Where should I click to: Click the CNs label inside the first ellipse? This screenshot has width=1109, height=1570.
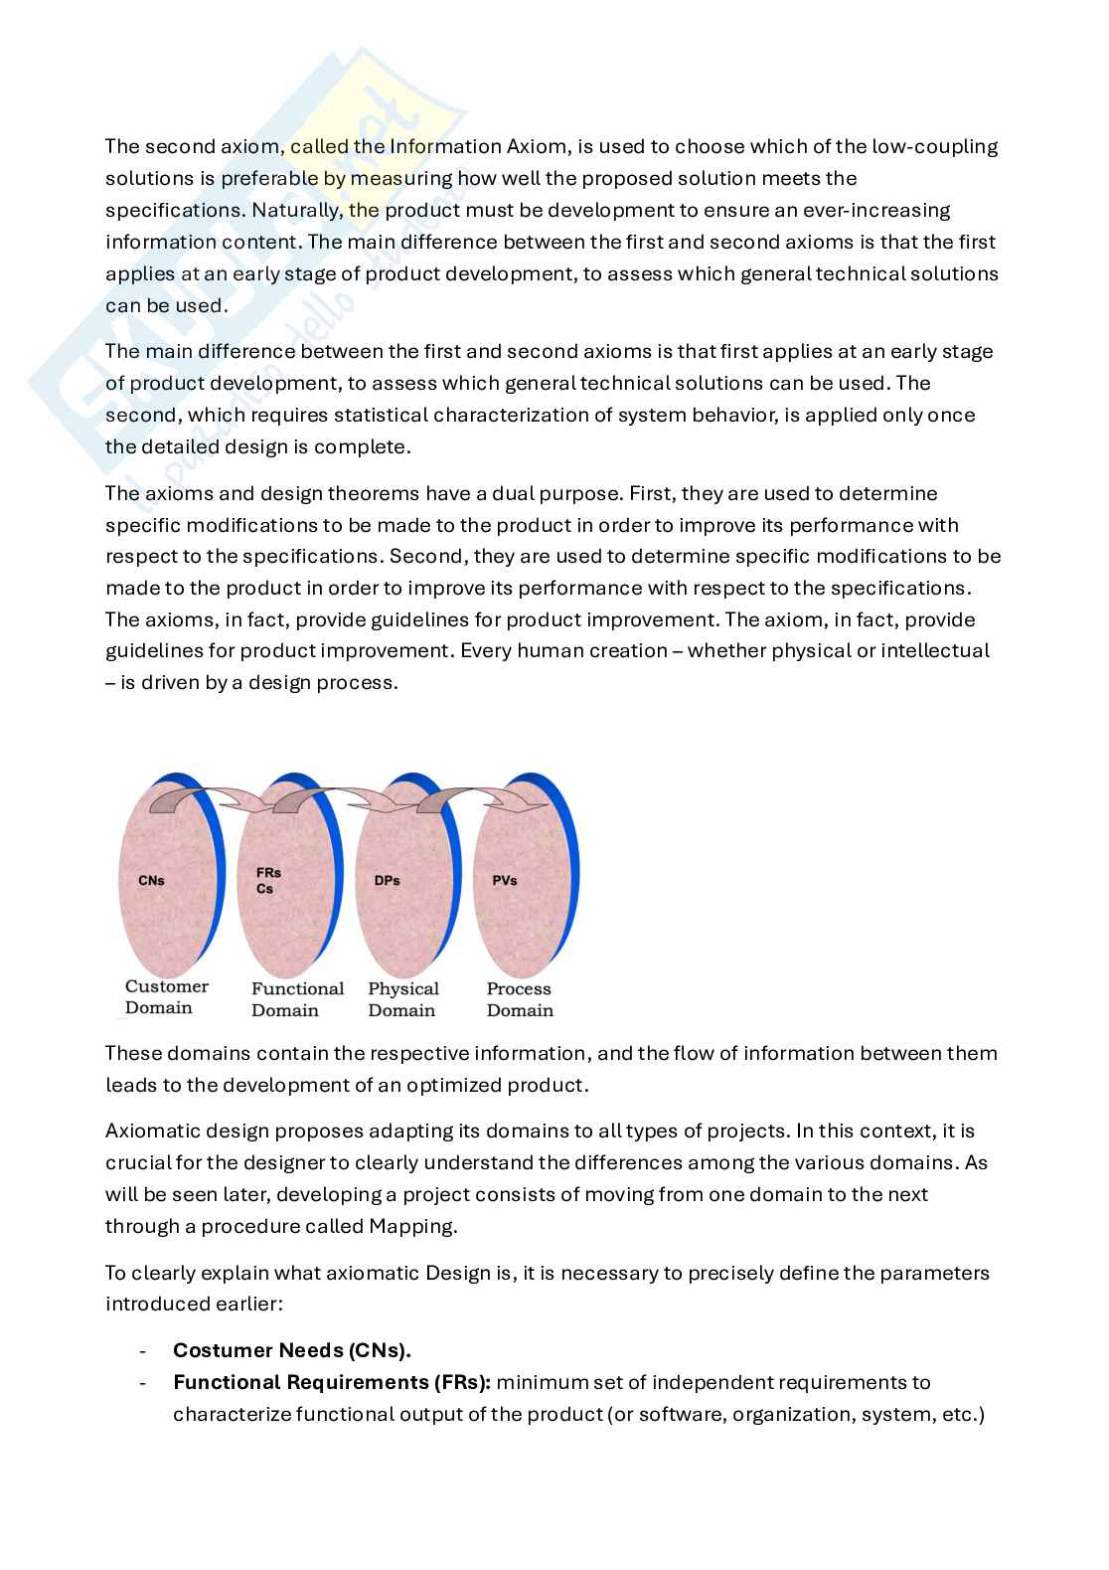click(x=151, y=880)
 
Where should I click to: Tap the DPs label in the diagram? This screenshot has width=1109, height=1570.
click(x=388, y=880)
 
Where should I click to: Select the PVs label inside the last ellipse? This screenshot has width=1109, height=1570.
click(x=505, y=880)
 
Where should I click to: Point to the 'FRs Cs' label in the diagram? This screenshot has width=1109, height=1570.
click(x=267, y=880)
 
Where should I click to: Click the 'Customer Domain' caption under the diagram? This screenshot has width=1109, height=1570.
click(x=166, y=997)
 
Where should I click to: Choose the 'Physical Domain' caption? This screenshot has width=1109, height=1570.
click(x=402, y=999)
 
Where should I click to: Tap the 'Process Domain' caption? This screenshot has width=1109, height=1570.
click(x=519, y=999)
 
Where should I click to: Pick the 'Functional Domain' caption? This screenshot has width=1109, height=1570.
click(x=297, y=999)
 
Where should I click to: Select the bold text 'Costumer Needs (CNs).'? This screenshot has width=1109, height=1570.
click(x=292, y=1350)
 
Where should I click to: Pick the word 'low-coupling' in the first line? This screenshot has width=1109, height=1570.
click(x=935, y=146)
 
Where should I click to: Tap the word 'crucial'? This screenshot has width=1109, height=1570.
click(x=137, y=1162)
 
